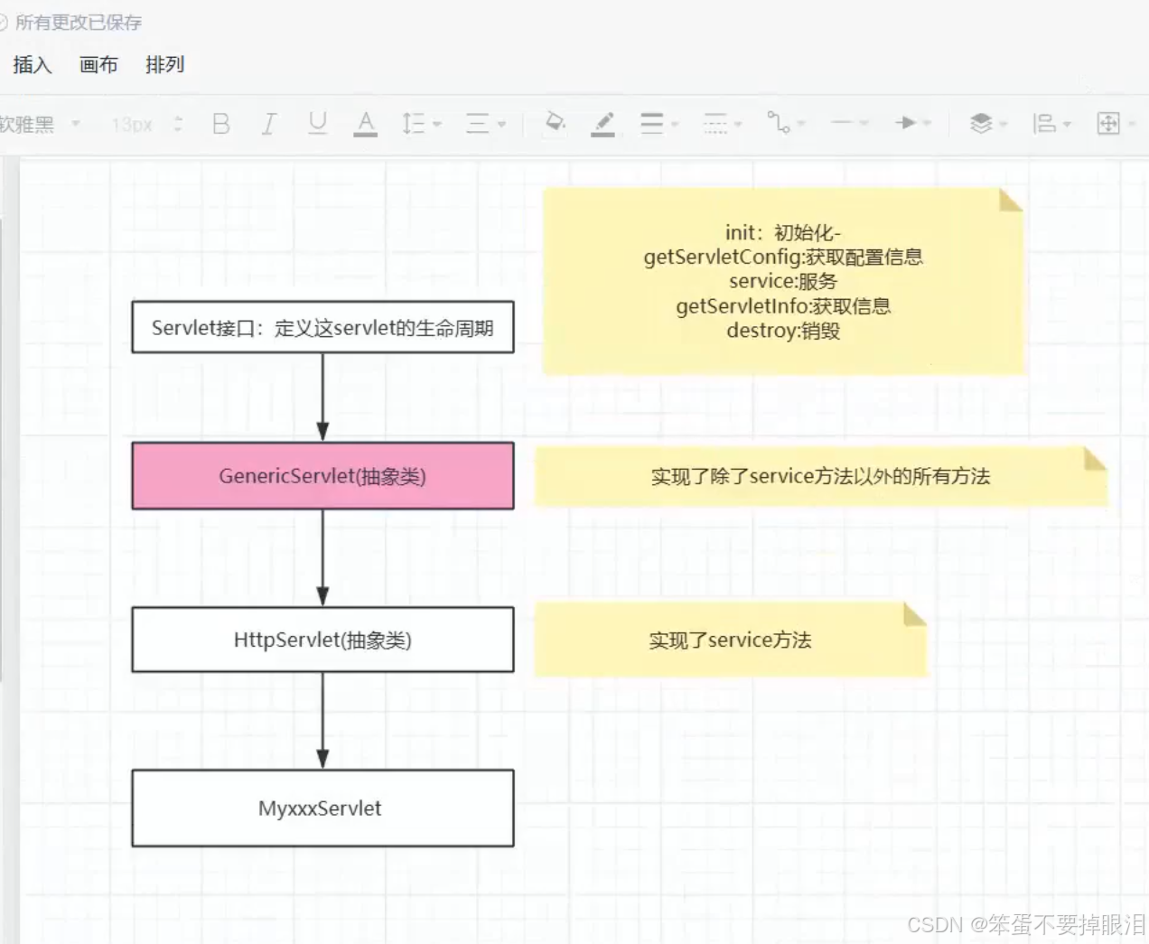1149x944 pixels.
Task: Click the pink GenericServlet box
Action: pos(322,476)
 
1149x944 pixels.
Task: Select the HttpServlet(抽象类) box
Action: pos(322,640)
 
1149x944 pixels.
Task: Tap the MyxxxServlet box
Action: pos(322,808)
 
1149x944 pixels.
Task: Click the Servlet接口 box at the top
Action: pos(322,327)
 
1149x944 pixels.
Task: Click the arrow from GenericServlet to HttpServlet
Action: pos(322,556)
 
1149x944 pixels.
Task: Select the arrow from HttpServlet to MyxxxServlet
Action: pos(322,719)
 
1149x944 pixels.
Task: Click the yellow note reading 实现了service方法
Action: pos(730,640)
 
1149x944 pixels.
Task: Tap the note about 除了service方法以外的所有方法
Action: pos(820,476)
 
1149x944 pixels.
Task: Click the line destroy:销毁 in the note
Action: pos(783,331)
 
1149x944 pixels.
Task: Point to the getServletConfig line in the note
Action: pos(783,257)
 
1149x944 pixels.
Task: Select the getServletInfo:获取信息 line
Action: pos(783,306)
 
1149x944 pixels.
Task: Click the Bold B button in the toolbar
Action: pos(221,124)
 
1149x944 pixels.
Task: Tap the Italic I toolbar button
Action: pos(268,124)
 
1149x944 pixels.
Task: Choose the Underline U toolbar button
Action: pos(317,123)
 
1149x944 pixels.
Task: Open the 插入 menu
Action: pos(33,65)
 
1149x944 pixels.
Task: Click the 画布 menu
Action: pos(98,65)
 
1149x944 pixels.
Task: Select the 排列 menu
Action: pos(164,65)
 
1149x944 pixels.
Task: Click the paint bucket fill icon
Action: pos(556,122)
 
